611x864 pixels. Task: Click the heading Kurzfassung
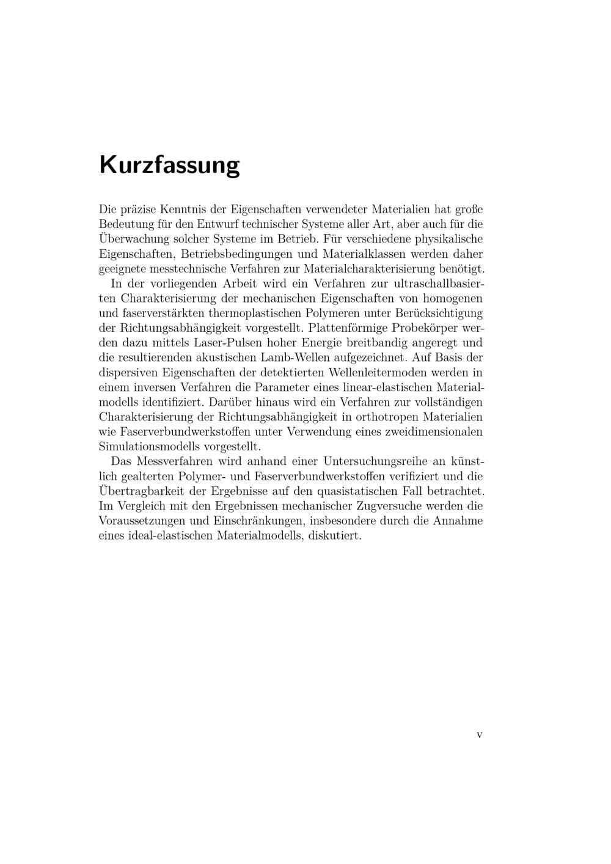169,166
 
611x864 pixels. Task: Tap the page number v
479,735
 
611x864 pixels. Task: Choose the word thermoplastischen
257,313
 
